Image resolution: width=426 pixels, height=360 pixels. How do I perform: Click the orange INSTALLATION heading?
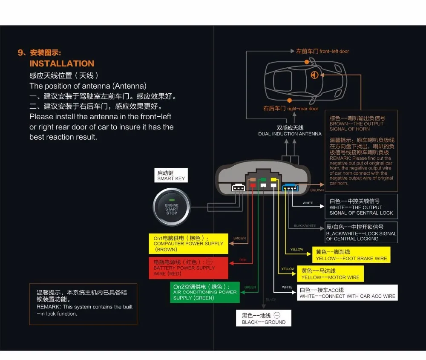click(x=62, y=63)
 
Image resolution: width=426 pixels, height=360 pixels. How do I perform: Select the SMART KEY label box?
click(x=171, y=176)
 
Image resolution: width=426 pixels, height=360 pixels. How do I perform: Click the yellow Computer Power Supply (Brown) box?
click(x=188, y=244)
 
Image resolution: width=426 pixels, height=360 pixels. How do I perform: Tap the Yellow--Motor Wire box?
click(x=330, y=274)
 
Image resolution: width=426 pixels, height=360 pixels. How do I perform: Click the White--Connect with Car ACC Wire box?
click(x=347, y=293)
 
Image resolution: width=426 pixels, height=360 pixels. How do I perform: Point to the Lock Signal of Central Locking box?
click(x=361, y=233)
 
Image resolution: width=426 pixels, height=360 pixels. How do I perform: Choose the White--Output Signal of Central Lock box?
click(x=361, y=207)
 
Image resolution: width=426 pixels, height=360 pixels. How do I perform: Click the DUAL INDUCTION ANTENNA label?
click(x=290, y=131)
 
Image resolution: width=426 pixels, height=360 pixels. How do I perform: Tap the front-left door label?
click(x=322, y=51)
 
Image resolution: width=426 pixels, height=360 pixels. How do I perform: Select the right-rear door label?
click(x=291, y=109)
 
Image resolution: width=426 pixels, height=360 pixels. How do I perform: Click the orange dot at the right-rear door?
click(x=289, y=100)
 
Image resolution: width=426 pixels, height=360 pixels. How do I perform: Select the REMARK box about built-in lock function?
click(x=83, y=304)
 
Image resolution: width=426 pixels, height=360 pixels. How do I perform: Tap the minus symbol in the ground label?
click(x=276, y=315)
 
